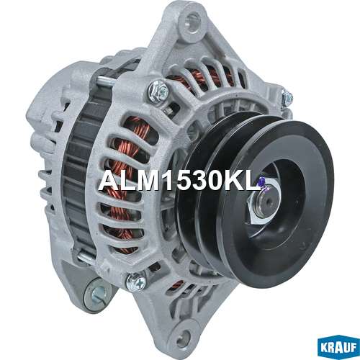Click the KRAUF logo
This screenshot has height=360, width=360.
point(338,347)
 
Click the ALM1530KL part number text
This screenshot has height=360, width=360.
point(179,181)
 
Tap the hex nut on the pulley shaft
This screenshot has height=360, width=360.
point(264,202)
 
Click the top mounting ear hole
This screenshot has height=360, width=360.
point(193,22)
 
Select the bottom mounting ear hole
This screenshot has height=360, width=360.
point(184,336)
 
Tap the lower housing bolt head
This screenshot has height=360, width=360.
point(136,282)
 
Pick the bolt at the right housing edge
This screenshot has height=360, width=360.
point(287,98)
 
